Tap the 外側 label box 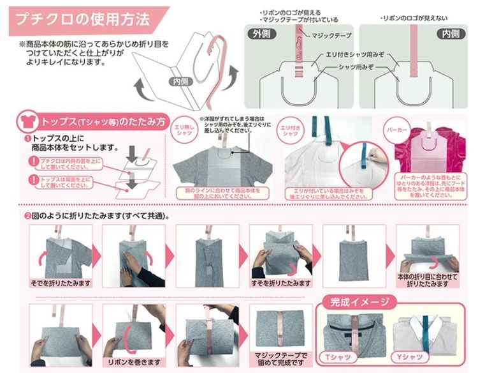pyautogui.click(x=264, y=34)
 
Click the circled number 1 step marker pyautogui.click(x=27, y=137)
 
